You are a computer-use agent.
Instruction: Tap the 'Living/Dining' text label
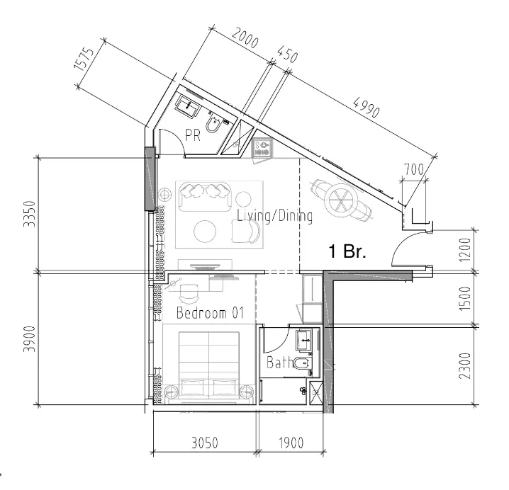[x=274, y=216]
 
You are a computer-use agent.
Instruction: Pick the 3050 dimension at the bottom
[x=205, y=443]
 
